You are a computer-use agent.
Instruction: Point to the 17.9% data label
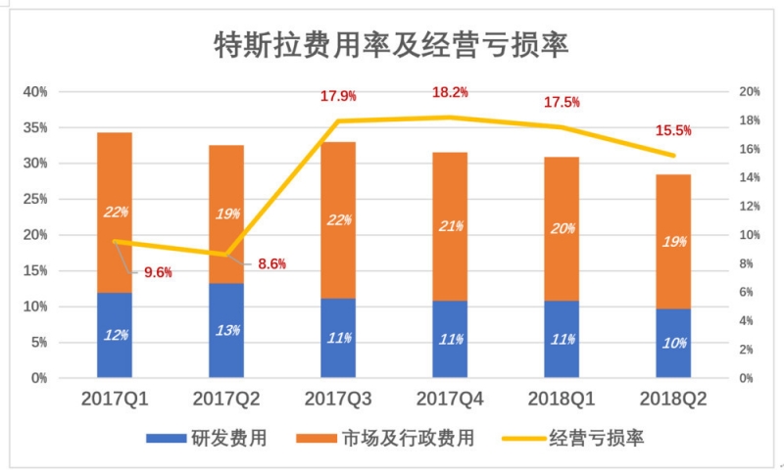coord(338,96)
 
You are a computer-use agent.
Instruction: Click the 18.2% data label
coord(450,92)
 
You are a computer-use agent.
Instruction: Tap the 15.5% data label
coord(673,130)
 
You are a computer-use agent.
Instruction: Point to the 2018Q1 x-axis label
coord(562,401)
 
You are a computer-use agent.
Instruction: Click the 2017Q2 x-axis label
coord(226,401)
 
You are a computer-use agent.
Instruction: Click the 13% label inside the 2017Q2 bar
coord(226,330)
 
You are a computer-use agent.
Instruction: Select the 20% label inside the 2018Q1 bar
coord(562,229)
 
